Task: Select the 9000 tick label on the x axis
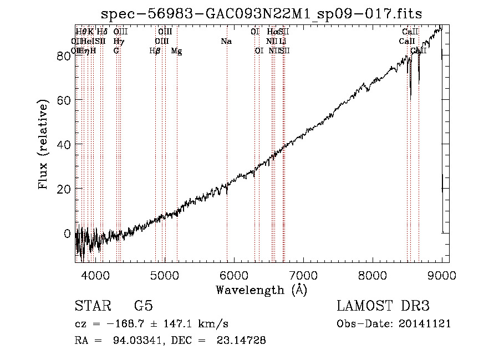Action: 441,275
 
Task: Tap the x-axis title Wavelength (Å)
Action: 261,290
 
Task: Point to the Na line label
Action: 226,42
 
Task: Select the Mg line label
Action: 176,51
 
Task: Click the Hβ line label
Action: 155,51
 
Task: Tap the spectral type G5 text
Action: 143,306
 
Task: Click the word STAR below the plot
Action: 92,306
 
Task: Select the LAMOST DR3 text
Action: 383,306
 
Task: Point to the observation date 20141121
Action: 423,323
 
